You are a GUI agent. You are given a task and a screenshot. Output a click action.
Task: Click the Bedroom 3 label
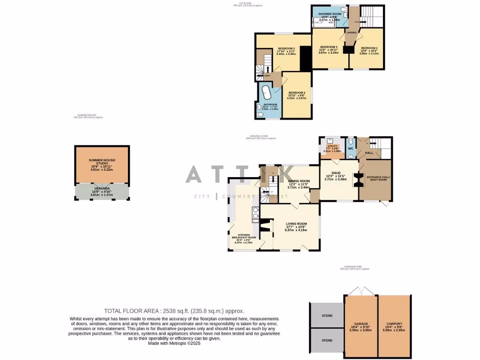coord(286,49)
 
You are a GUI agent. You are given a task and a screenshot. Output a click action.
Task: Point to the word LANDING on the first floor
coord(351,32)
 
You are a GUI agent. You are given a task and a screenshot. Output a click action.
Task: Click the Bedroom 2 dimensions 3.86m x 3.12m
coord(368,53)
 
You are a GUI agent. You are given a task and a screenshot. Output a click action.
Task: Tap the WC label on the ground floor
coord(350,148)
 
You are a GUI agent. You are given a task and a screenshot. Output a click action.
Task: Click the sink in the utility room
coord(330,141)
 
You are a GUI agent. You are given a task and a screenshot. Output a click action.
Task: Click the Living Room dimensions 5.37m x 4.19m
coord(296,230)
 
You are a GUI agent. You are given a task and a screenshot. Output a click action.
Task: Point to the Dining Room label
coord(299,181)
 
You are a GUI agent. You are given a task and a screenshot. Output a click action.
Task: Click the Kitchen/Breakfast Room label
coord(243,236)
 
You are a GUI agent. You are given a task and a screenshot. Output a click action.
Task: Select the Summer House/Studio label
coord(102,162)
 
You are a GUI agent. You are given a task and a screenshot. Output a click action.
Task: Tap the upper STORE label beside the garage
coord(327,315)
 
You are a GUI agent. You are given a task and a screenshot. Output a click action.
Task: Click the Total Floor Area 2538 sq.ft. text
coord(174,311)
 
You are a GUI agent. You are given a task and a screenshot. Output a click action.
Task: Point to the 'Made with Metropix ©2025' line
coord(174,343)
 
